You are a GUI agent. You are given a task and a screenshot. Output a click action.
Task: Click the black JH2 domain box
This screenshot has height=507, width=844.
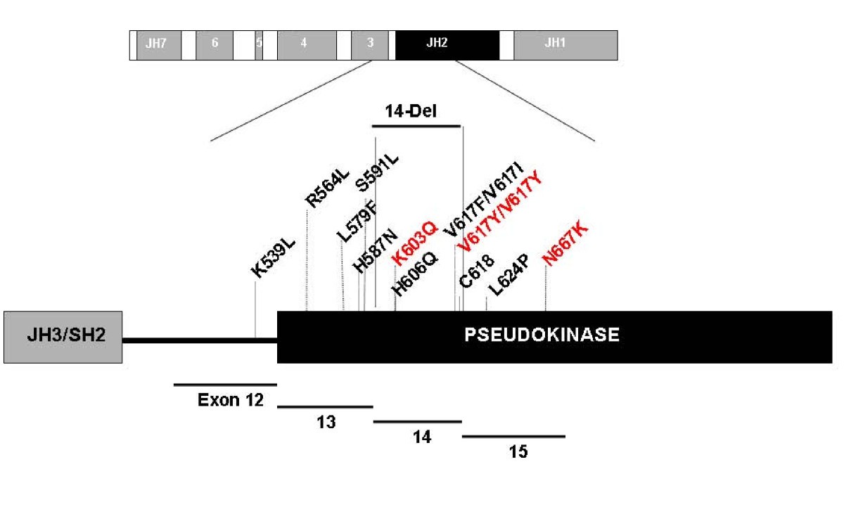[x=447, y=45]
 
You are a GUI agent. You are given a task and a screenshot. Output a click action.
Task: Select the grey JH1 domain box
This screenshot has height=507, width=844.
[x=565, y=45]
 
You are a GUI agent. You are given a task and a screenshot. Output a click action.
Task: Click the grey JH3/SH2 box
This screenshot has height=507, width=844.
[x=63, y=338]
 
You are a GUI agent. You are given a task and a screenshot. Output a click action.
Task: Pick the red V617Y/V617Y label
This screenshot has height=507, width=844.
[x=500, y=209]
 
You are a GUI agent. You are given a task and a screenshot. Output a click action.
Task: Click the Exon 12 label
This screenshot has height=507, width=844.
[x=231, y=401]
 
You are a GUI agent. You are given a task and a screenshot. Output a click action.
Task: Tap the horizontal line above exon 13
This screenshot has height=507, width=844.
[x=325, y=406]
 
